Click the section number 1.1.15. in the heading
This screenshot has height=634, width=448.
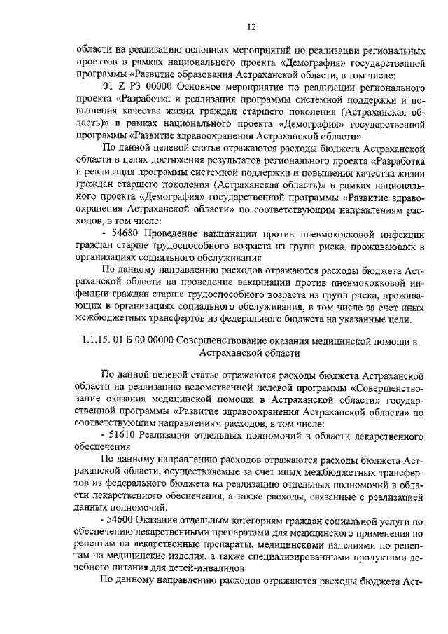[x=99, y=342]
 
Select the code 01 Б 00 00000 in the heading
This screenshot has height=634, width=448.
[x=145, y=342]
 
